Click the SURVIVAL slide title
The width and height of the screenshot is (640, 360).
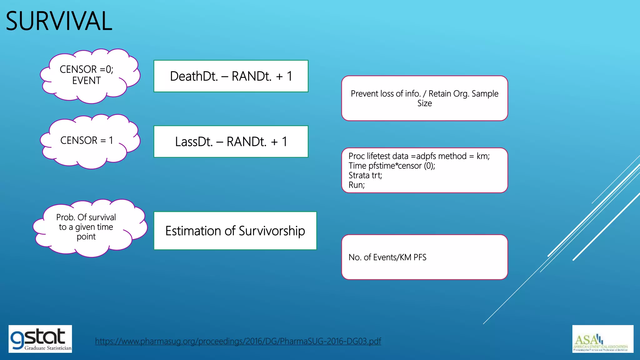click(59, 21)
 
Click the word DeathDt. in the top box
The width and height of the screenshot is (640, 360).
click(194, 76)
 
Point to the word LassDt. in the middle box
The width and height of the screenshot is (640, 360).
click(194, 142)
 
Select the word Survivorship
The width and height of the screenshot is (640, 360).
click(272, 231)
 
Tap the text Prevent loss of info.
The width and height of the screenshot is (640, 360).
click(385, 93)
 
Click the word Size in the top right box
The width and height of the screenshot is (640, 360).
click(424, 103)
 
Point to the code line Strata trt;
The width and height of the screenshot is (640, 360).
click(365, 175)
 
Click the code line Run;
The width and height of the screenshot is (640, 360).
click(357, 185)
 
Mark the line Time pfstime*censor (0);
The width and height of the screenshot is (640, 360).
click(392, 166)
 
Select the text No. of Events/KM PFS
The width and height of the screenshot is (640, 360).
click(387, 257)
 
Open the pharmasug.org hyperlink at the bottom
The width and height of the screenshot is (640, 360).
click(238, 341)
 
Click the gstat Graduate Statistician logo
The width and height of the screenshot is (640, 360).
click(40, 339)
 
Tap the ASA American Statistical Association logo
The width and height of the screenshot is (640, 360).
click(602, 339)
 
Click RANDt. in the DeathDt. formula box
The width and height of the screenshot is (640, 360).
click(252, 76)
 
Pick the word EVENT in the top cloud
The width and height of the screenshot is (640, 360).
click(86, 81)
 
